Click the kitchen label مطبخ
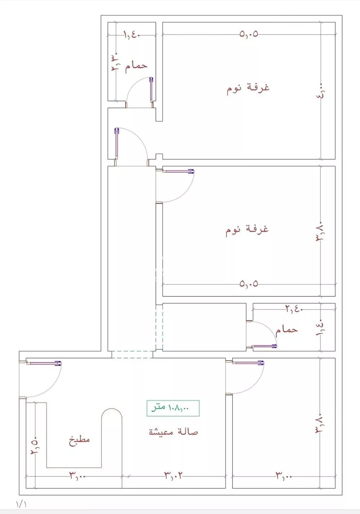click(x=79, y=440)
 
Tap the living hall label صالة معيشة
click(x=174, y=432)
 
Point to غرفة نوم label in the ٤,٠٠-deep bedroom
click(x=248, y=88)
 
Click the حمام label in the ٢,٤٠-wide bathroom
click(x=287, y=330)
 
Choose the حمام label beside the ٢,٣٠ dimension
click(x=136, y=66)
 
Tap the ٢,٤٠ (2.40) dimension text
click(x=294, y=309)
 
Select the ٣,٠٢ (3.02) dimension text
click(x=174, y=475)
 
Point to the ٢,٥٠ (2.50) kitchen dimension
click(x=35, y=446)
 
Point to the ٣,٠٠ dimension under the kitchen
click(x=78, y=476)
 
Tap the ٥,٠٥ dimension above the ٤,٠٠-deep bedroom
click(x=249, y=34)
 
